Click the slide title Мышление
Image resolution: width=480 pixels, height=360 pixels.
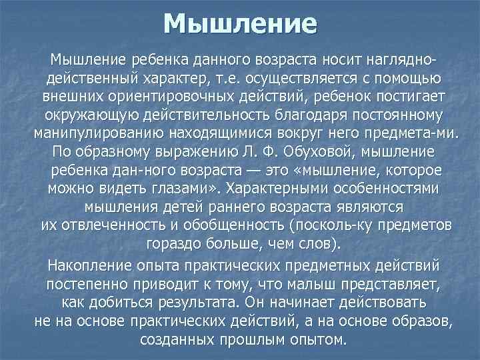(x=240, y=25)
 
